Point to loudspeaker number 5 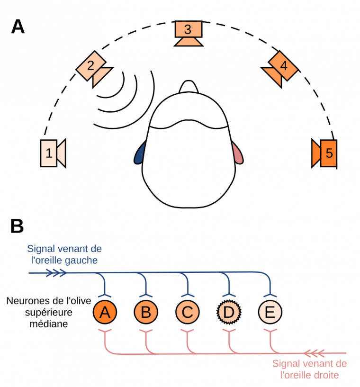click(x=326, y=153)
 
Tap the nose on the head click(x=189, y=87)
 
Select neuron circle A click(x=106, y=312)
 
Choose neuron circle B click(x=146, y=312)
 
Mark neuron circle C click(x=188, y=312)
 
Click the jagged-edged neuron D click(x=229, y=312)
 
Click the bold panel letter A click(x=18, y=27)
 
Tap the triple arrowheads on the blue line click(x=56, y=273)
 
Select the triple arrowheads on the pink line click(x=315, y=353)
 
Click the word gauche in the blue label click(x=84, y=260)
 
